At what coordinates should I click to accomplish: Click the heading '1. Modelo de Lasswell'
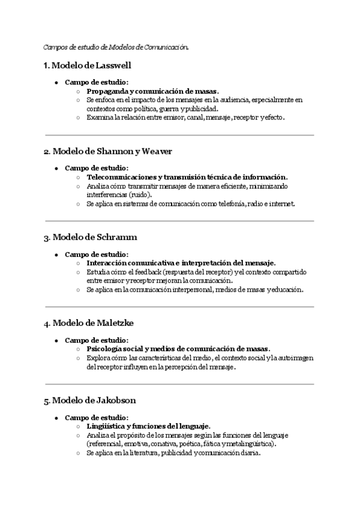coord(87,65)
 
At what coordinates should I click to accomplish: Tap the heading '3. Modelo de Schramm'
coord(90,238)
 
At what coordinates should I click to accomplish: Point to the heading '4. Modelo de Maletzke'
coord(88,323)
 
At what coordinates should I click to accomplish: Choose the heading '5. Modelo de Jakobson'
coord(89,400)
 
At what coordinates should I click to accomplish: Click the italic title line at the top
coord(116,46)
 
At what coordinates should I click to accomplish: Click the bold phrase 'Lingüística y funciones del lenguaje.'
coord(148,426)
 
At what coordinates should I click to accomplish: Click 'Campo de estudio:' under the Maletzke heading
coord(96,340)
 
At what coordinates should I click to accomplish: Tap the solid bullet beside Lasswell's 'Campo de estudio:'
coord(56,83)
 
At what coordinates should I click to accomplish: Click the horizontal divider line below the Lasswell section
coord(179,135)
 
